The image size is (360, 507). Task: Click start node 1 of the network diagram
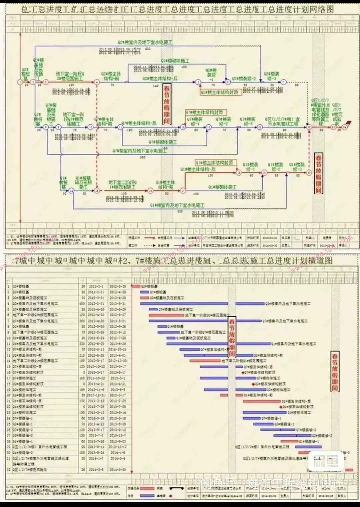point(20,82)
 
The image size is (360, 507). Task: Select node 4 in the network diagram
point(97,82)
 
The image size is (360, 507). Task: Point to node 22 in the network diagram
point(309,127)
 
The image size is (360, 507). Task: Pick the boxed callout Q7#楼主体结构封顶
point(204,112)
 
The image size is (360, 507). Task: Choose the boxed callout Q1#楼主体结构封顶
point(215,163)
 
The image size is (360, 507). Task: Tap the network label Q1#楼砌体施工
point(222,187)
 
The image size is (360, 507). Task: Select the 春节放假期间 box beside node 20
point(319,173)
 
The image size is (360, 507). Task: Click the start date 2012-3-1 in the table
point(96,286)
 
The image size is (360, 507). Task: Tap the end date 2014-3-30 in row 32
point(118,470)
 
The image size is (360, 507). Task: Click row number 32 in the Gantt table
point(9,470)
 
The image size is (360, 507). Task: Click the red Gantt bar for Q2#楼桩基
point(136,286)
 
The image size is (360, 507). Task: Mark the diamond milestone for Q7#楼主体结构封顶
point(244,372)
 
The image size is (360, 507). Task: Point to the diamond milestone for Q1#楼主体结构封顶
point(281,407)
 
